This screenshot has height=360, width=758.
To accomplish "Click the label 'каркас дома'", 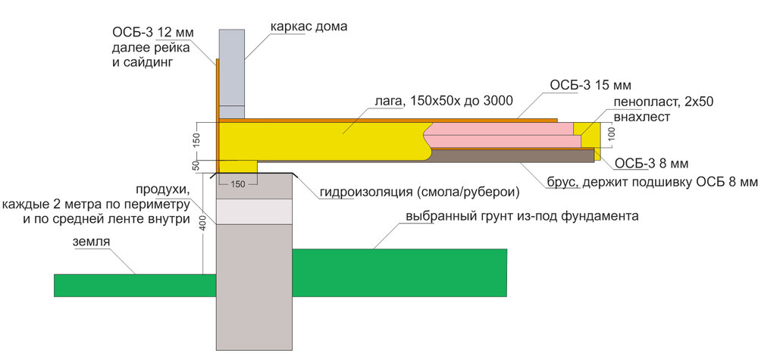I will [309, 27].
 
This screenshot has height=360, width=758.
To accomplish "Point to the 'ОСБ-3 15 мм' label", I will [590, 84].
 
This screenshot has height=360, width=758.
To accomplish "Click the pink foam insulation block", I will [504, 137].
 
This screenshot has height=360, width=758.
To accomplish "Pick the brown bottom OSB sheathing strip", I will [515, 155].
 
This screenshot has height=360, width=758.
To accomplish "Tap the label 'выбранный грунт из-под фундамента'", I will [522, 216].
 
